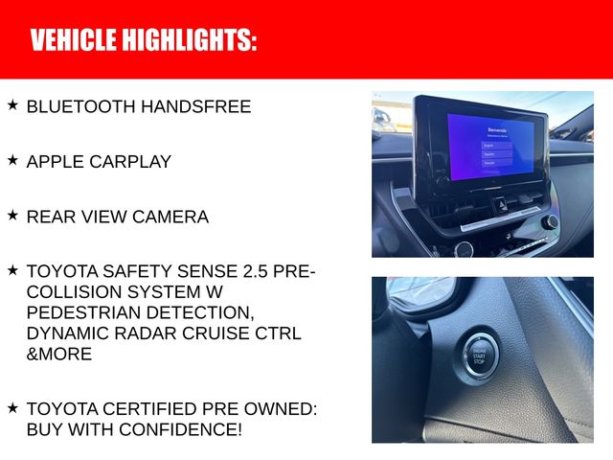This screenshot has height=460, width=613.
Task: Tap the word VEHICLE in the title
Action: (x=72, y=40)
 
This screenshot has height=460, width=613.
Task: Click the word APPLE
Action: (x=53, y=162)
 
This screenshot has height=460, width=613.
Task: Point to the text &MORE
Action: (x=59, y=355)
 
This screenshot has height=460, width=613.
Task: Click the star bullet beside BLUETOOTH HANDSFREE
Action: (x=12, y=104)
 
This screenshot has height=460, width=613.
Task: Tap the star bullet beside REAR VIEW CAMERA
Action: (x=12, y=216)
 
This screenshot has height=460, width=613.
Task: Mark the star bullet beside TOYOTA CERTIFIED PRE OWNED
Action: (x=12, y=407)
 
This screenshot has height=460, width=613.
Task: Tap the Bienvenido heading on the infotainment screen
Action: (x=496, y=128)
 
